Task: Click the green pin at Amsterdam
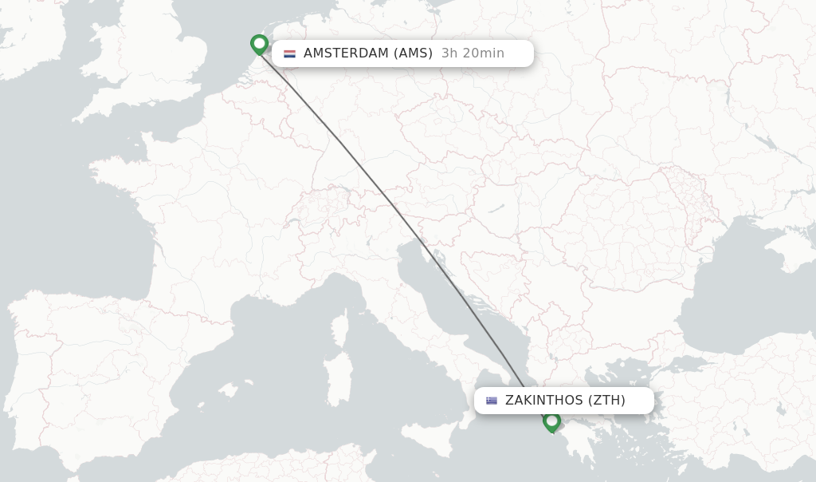click(259, 43)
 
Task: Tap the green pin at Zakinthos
click(551, 421)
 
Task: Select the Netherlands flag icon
click(289, 53)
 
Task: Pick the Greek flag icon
click(492, 401)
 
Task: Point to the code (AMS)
click(414, 53)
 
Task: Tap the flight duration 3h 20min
click(473, 53)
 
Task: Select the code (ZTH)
click(606, 401)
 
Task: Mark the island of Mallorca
click(228, 390)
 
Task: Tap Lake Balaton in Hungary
click(496, 209)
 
